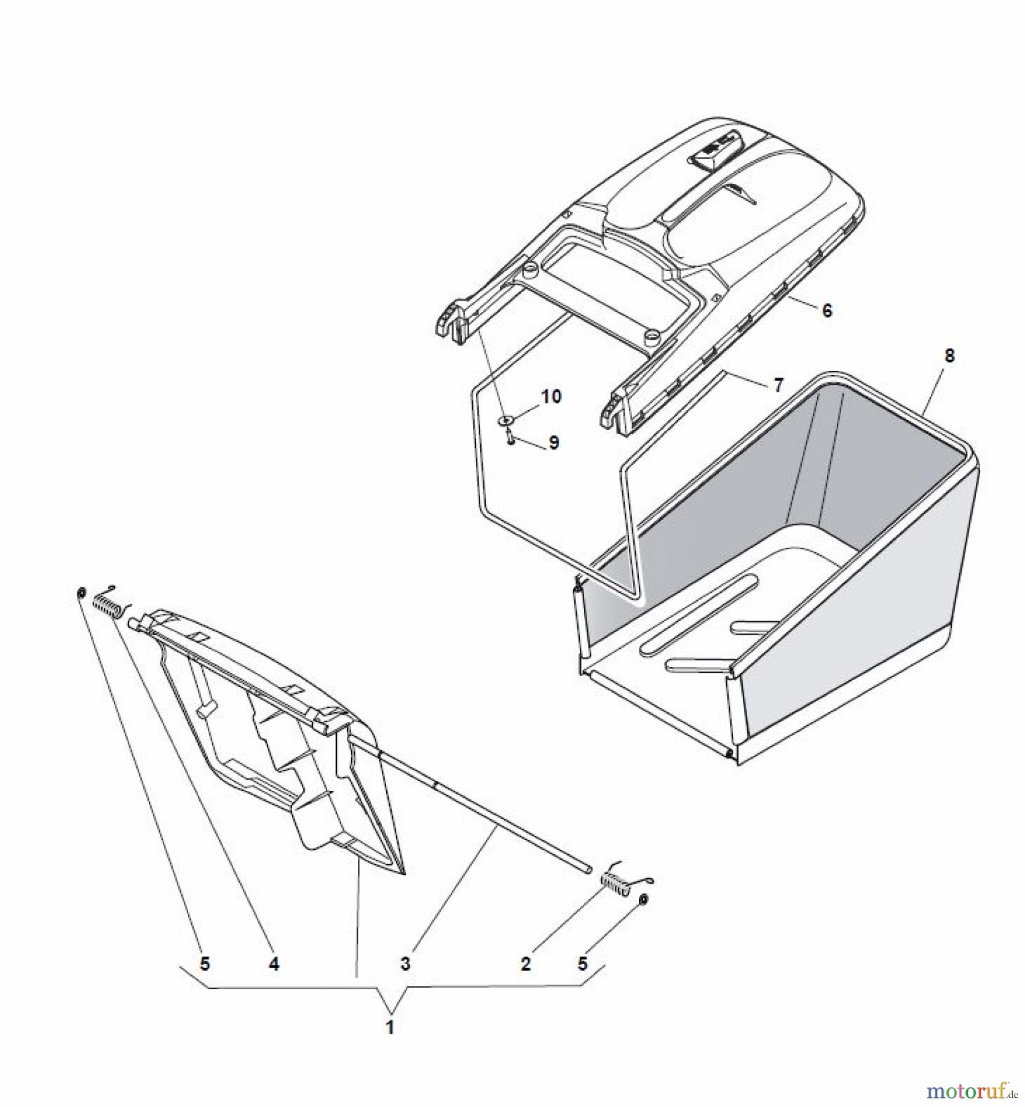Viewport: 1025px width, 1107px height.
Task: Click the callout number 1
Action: coord(389,1026)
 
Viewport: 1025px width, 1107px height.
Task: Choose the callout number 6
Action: coord(827,311)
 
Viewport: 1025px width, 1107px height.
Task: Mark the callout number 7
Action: coord(778,386)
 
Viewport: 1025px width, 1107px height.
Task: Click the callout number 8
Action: coord(949,355)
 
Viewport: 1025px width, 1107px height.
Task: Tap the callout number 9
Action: coord(553,443)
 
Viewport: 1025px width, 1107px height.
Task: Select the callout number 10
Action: coord(552,397)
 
